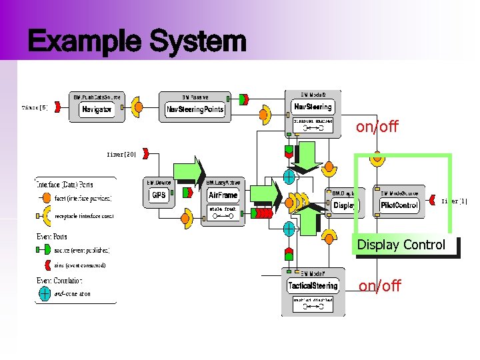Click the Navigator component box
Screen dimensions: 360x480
point(97,109)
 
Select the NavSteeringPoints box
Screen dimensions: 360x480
point(195,109)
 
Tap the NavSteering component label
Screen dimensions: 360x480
point(313,107)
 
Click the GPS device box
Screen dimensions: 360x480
point(159,195)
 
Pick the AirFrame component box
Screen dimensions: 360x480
point(223,195)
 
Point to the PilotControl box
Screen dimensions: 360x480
point(399,205)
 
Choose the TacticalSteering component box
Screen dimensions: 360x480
point(313,286)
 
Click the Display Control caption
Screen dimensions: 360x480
point(401,245)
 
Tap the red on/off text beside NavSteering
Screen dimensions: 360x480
point(377,127)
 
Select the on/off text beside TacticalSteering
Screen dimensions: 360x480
point(380,286)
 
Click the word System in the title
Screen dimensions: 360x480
point(198,41)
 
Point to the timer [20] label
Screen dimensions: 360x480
point(121,154)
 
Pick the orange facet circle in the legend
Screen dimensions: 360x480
point(45,198)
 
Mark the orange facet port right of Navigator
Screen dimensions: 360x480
point(137,107)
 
